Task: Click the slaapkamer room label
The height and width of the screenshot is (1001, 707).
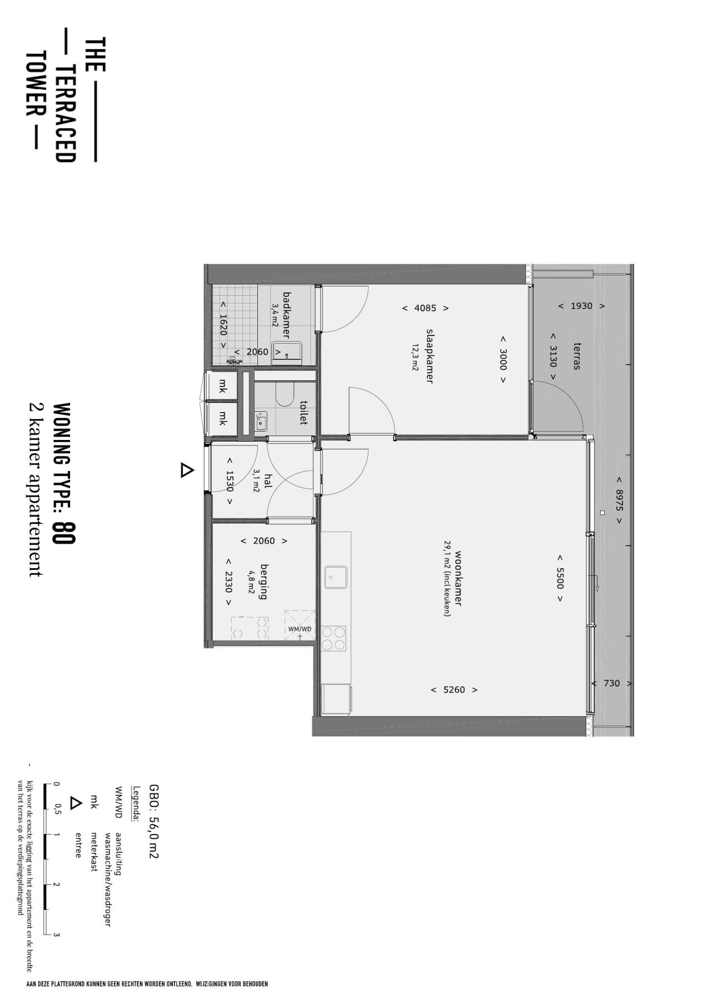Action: (429, 356)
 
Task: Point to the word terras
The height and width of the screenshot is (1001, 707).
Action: (577, 356)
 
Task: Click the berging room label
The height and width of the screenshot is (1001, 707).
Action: (263, 581)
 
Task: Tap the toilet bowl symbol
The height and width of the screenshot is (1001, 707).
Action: (284, 395)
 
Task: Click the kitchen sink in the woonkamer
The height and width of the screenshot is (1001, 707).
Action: (335, 577)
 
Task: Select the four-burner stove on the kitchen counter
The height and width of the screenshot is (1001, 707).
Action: (334, 638)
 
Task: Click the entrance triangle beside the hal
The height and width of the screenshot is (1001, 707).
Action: (187, 470)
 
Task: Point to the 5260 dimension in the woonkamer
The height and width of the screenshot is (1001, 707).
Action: (454, 690)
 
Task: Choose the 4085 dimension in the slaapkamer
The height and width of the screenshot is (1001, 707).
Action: (425, 308)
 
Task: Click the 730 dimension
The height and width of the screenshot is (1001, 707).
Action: (611, 683)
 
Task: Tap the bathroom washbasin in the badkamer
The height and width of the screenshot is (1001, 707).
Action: (287, 352)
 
